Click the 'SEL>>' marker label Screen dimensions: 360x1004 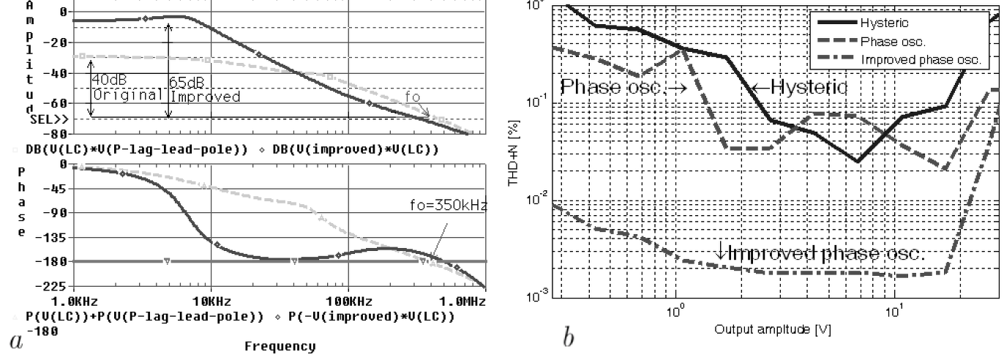point(50,119)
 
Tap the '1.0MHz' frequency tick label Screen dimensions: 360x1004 point(465,301)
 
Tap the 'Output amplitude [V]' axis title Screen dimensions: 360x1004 point(773,330)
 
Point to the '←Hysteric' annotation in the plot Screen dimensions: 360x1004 point(800,88)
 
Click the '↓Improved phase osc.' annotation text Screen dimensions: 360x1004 point(821,253)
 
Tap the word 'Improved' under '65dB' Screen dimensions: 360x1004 point(205,96)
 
